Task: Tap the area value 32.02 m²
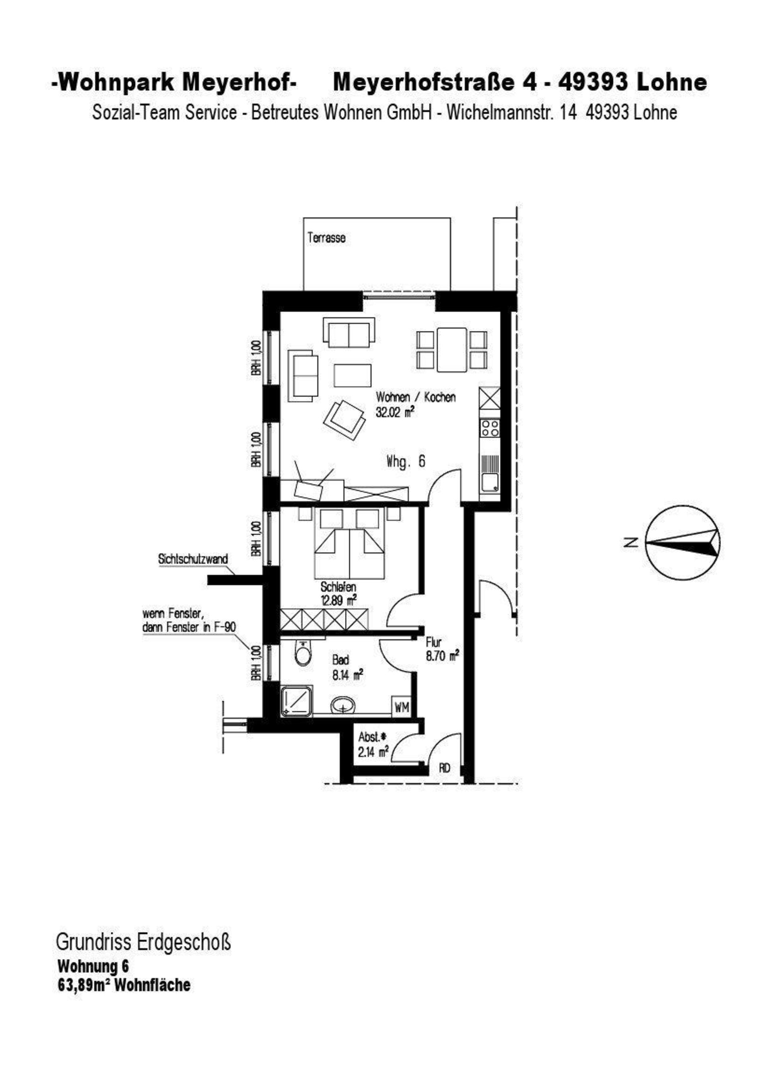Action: (x=394, y=412)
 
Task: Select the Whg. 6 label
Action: (x=406, y=461)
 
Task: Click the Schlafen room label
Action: (x=338, y=587)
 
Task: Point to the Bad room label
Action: (x=341, y=660)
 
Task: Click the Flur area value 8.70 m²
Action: (x=442, y=656)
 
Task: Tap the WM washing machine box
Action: (x=402, y=708)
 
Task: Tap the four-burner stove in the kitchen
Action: (x=490, y=428)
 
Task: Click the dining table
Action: (x=452, y=350)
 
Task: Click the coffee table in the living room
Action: (x=352, y=375)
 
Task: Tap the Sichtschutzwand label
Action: (x=193, y=559)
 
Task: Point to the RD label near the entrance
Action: (x=445, y=767)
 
